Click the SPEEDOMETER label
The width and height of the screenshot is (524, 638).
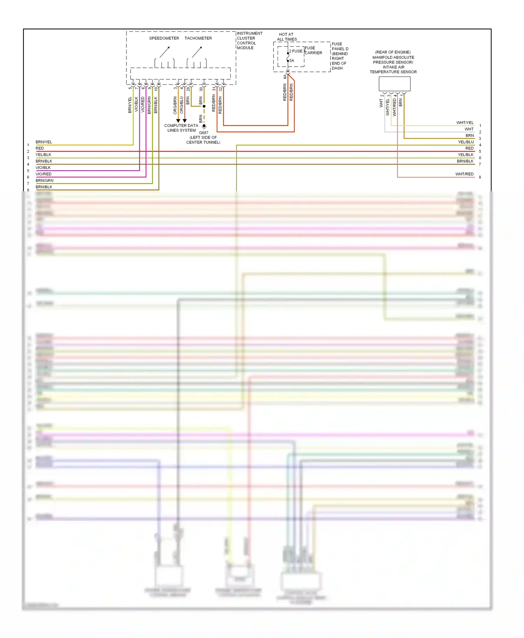164,38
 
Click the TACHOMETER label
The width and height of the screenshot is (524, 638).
198,38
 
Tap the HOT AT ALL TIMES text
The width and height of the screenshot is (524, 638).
286,37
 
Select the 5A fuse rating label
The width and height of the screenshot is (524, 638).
292,61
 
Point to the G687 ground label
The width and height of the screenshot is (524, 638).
203,133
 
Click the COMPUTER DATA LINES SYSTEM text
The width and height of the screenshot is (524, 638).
181,128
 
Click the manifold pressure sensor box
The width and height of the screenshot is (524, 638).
394,84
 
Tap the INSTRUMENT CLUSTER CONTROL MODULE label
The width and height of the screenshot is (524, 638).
249,40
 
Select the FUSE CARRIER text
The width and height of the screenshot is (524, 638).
313,51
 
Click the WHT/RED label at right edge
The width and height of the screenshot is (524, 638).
464,174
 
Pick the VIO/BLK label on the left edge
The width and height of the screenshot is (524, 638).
43,168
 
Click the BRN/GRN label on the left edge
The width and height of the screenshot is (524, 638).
44,181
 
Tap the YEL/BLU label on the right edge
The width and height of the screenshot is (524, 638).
466,142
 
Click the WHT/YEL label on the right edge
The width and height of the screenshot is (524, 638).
465,123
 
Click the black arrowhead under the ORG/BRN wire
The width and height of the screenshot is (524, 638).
178,121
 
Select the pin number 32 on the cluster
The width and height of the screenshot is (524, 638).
221,89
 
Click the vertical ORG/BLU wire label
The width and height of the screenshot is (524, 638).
182,105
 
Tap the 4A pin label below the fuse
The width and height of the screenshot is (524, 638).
285,76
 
